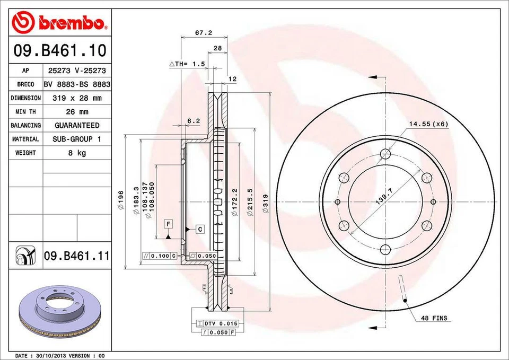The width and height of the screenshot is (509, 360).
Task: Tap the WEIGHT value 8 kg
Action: click(77, 153)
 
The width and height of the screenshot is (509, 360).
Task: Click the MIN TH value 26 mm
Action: click(77, 112)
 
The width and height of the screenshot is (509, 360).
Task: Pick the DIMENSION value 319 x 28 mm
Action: click(77, 98)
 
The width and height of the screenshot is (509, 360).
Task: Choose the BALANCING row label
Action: click(25, 126)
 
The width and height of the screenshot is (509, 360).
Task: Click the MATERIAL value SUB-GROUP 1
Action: click(77, 139)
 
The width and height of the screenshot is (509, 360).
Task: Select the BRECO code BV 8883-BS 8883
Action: click(77, 84)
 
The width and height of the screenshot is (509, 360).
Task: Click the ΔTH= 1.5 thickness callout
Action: click(187, 64)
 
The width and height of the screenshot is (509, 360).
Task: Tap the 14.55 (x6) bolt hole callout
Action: click(428, 124)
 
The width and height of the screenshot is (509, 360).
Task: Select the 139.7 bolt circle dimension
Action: click(388, 201)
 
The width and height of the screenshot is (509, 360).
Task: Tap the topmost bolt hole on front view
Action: click(385, 154)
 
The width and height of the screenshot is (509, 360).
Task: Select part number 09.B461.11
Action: click(76, 256)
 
